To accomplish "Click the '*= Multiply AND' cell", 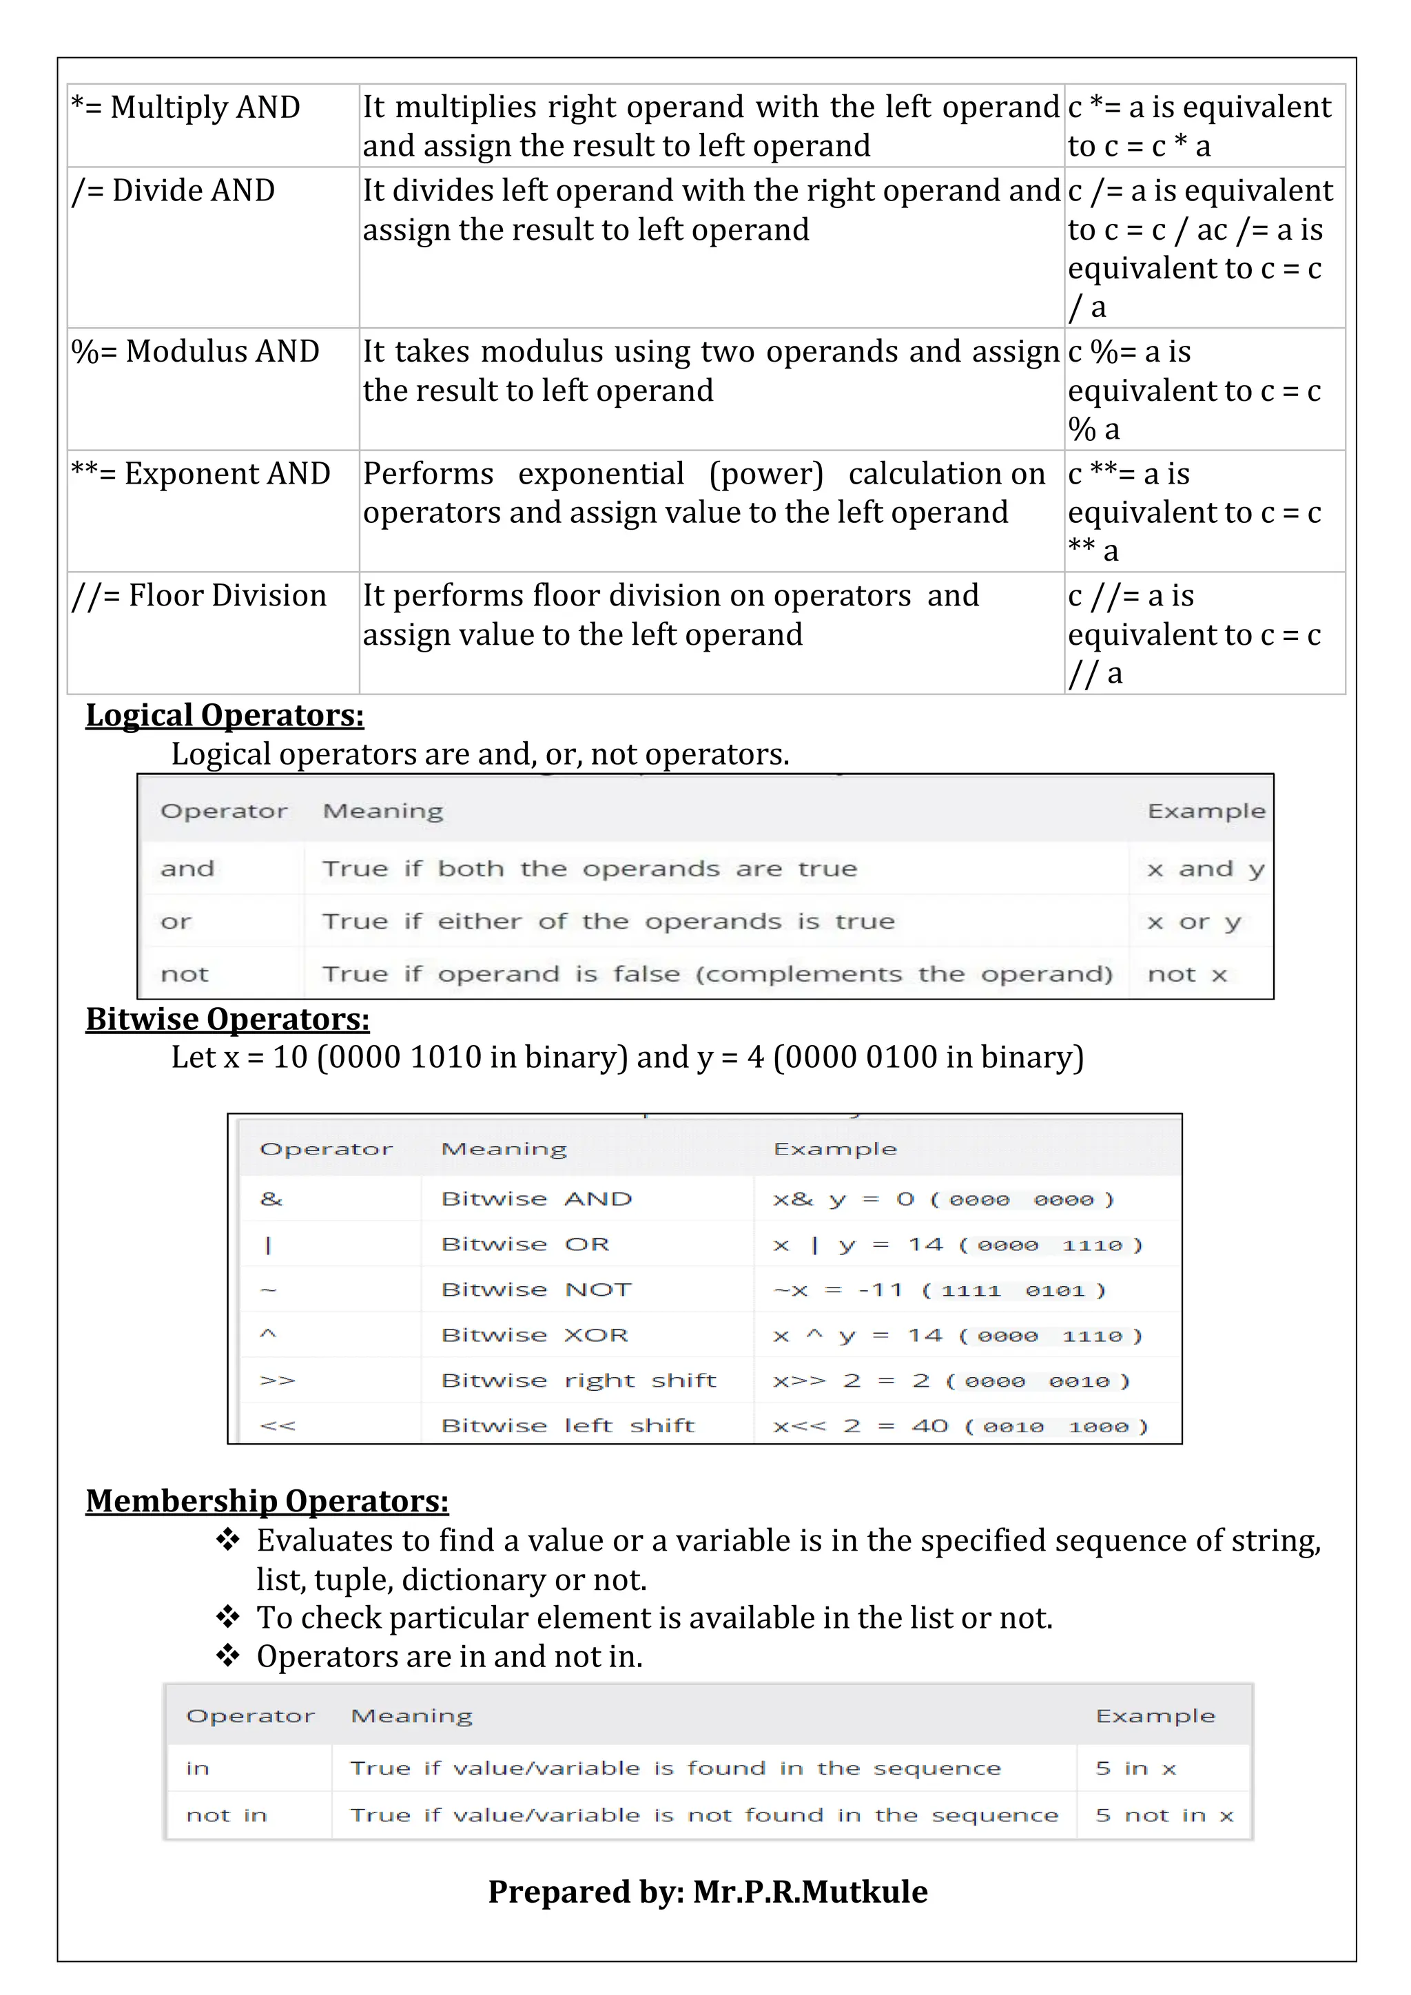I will (186, 107).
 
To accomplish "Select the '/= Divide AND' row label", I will (174, 190).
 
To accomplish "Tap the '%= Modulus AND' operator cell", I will (196, 351).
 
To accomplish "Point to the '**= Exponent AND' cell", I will (200, 473).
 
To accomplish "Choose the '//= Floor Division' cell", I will (199, 596).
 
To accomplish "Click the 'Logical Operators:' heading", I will (224, 715).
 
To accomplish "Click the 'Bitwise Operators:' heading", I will (227, 1018).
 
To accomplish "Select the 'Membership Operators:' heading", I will (267, 1500).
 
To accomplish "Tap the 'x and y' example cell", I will (1204, 869).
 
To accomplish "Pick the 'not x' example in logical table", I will (1187, 974).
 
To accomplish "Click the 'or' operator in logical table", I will (176, 922).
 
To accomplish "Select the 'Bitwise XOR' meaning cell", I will (535, 1334).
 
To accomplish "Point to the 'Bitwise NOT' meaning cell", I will (536, 1290).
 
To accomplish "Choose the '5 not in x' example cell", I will (1164, 1815).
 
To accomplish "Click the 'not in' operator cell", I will (226, 1815).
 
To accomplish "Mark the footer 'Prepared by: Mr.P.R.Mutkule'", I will (708, 1892).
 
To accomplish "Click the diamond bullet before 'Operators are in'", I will (227, 1655).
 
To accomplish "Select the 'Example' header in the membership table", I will (1155, 1716).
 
